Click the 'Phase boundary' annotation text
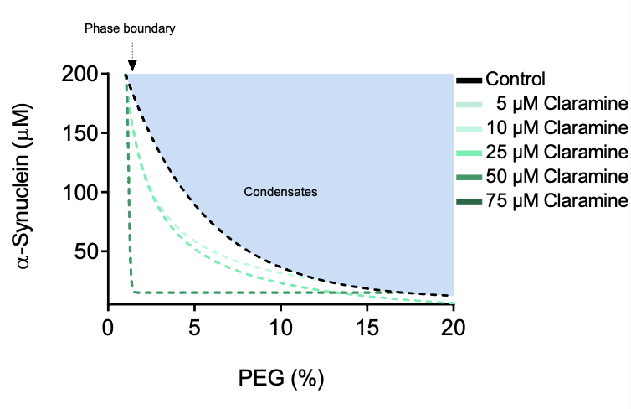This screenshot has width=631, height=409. pyautogui.click(x=130, y=28)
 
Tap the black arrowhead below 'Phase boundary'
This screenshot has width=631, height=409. pyautogui.click(x=132, y=65)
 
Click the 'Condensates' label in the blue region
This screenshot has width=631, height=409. pyautogui.click(x=280, y=192)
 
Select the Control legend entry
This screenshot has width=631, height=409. pyautogui.click(x=515, y=80)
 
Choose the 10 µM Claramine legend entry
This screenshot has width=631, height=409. pyautogui.click(x=557, y=128)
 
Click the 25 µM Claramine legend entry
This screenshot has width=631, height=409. pyautogui.click(x=557, y=153)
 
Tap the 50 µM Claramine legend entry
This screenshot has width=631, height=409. pyautogui.click(x=557, y=177)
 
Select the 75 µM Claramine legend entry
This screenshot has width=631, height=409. pyautogui.click(x=557, y=201)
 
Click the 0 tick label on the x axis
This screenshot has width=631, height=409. pyautogui.click(x=108, y=325)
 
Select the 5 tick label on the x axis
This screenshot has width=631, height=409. pyautogui.click(x=194, y=325)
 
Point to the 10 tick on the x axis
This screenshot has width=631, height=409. pyautogui.click(x=280, y=325)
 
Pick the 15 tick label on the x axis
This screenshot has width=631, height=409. pyautogui.click(x=367, y=325)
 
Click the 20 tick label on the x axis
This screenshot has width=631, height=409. pyautogui.click(x=453, y=325)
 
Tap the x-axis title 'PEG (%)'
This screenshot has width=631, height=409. pyautogui.click(x=280, y=378)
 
